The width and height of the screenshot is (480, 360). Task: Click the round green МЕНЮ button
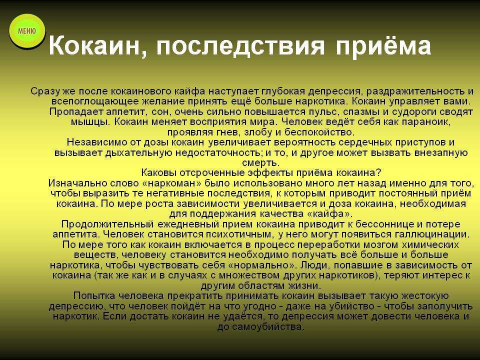coord(27,31)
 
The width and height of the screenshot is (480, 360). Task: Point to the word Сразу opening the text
coord(45,91)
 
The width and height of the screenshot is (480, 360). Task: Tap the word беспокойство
coord(319,132)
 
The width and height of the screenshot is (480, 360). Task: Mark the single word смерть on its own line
coord(260,163)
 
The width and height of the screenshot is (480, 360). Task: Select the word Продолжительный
coord(107,224)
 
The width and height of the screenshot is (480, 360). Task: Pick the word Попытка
coord(94,296)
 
